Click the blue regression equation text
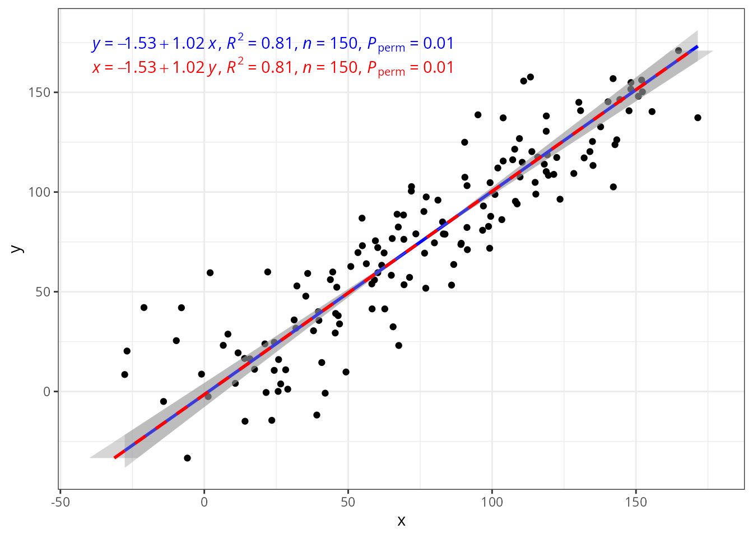coord(273,44)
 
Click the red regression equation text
coord(273,68)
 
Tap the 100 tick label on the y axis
coord(39,192)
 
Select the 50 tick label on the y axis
coord(43,292)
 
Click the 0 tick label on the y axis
coord(47,392)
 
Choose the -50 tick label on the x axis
coord(61,502)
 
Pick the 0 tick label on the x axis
coord(204,502)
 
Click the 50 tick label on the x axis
coord(348,502)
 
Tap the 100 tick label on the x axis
coord(492,502)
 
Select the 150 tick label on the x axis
coord(636,502)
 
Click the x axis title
coord(401,521)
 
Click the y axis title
coord(17,249)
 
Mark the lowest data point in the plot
coord(188,458)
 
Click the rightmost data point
coord(698,118)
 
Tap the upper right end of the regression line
coord(698,47)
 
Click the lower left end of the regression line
coord(115,458)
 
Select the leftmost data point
coord(125,374)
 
